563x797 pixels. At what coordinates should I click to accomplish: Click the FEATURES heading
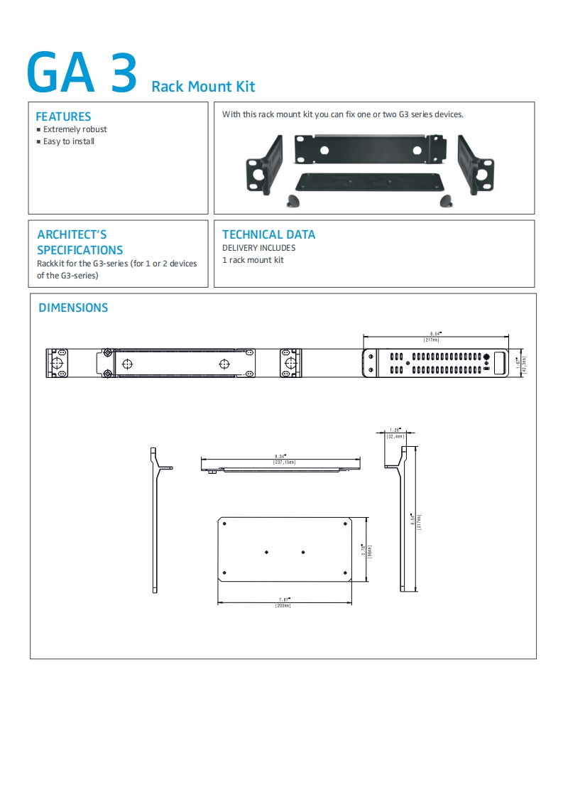point(63,116)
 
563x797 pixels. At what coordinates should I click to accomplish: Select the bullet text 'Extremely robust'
point(75,129)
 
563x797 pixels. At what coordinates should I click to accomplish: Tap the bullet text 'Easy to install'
point(69,141)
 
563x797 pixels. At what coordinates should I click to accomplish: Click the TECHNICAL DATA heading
point(268,234)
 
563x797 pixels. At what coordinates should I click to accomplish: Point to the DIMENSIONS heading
point(73,308)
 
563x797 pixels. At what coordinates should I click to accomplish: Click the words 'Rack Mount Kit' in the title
point(203,87)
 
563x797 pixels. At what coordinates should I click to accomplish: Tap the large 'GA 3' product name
point(82,74)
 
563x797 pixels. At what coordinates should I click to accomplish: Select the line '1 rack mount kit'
point(253,260)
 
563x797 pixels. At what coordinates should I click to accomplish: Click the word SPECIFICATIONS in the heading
point(80,250)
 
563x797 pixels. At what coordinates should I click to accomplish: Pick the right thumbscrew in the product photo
point(446,201)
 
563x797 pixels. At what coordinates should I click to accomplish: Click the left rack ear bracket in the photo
point(264,164)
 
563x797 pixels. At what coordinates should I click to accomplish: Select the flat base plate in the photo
point(369,183)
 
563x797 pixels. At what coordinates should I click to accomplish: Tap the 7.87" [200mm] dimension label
point(283,602)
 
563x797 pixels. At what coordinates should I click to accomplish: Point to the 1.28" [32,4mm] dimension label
point(395,433)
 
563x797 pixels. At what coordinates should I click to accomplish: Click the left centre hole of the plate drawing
point(266,552)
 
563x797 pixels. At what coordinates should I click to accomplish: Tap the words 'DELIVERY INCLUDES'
point(258,248)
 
